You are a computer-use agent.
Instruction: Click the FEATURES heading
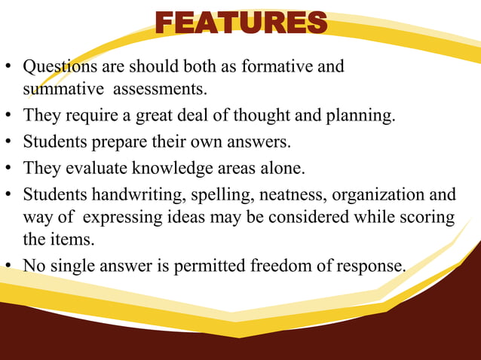tap(241, 23)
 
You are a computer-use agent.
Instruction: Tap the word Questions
tap(55, 67)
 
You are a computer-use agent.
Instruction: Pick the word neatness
tap(289, 195)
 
